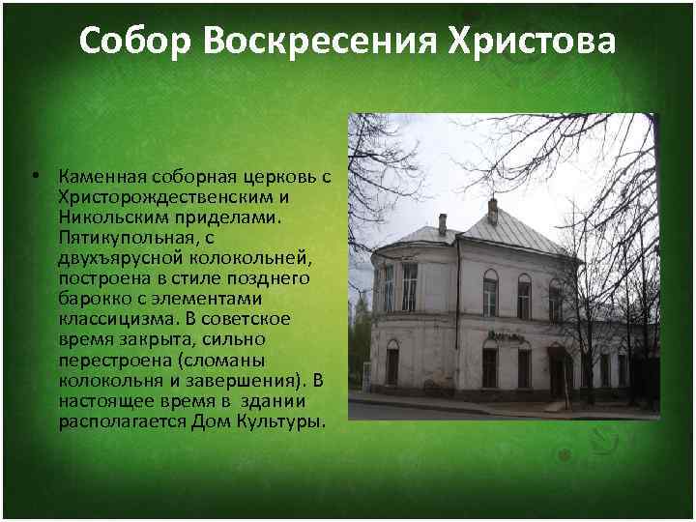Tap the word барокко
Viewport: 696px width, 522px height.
tap(89, 299)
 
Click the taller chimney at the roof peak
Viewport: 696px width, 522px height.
tap(492, 210)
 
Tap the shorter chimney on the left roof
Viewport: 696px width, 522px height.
tap(443, 224)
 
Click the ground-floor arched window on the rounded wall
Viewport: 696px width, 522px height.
tap(392, 362)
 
